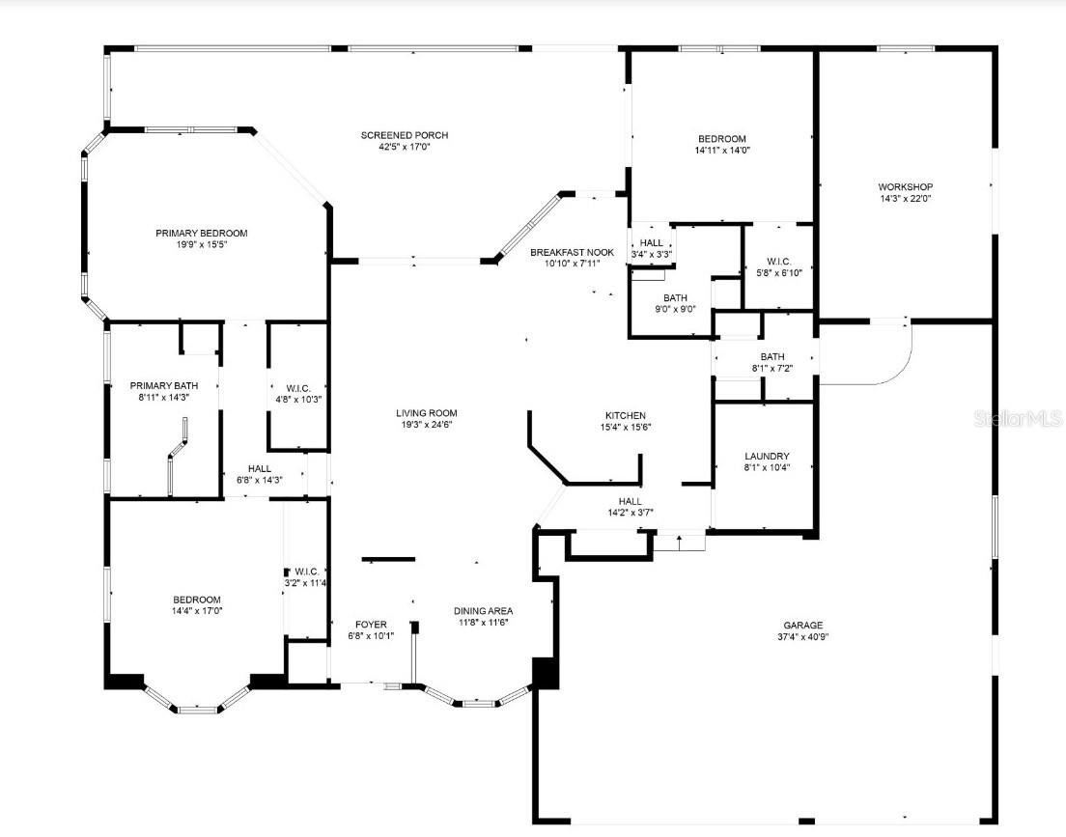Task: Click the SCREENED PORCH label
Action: tap(405, 135)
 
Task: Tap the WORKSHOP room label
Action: tap(905, 186)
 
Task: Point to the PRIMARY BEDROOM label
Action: tap(202, 233)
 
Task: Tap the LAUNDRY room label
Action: tap(767, 456)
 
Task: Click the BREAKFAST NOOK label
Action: tap(572, 252)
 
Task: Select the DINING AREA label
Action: tap(484, 610)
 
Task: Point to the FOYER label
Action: tap(371, 624)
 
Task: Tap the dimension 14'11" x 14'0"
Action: tap(721, 150)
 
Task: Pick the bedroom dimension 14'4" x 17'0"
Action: tap(197, 610)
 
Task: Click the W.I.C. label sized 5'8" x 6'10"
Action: tap(778, 260)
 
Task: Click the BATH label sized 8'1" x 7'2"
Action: tap(772, 356)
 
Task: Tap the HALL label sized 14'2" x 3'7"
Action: tap(630, 501)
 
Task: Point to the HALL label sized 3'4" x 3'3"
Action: tap(652, 243)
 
